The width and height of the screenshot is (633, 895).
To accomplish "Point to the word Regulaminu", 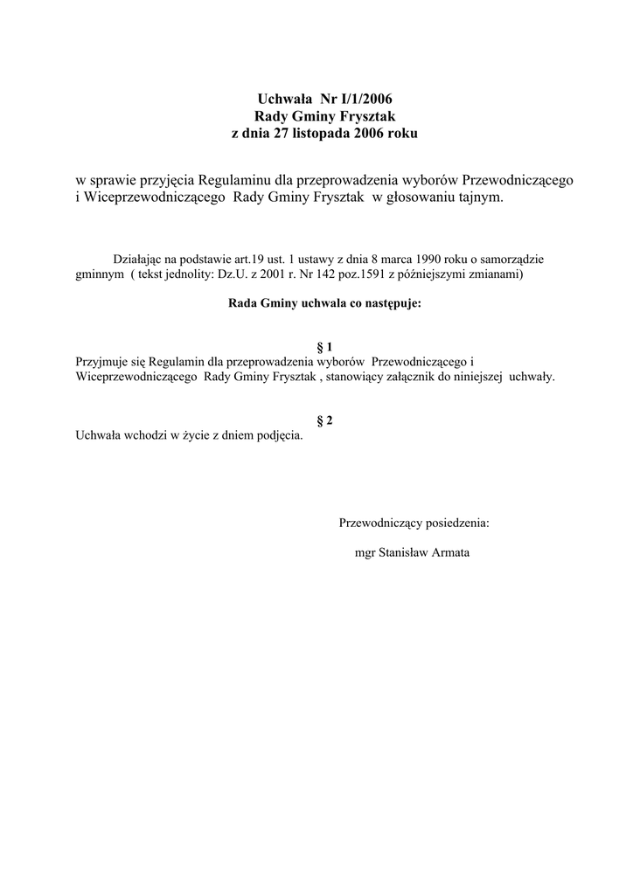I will point(234,179).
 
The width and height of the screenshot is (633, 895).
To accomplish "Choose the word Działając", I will point(137,259).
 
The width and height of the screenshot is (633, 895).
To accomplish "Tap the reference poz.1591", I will point(381,274).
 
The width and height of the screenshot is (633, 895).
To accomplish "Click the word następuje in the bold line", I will point(386,304).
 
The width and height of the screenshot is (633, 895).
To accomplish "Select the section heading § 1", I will point(323,347).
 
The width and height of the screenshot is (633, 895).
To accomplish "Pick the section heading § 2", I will point(323,420).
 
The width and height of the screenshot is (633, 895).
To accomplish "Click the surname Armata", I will point(446,552).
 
